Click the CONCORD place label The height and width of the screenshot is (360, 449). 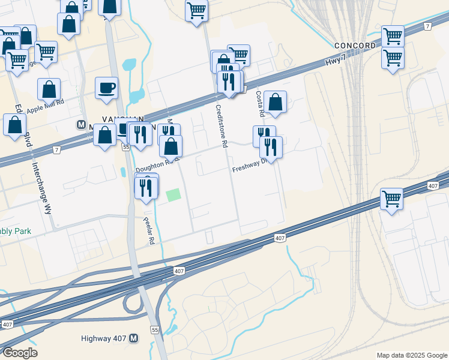coord(355,46)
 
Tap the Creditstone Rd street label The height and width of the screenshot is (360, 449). coord(221,127)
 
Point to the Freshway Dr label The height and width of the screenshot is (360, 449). coord(248,167)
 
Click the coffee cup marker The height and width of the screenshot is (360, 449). coord(106,88)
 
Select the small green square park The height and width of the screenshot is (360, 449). coord(173,195)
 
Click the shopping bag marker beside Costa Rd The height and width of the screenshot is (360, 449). coord(275,101)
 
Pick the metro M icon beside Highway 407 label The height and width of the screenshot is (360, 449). coord(134,338)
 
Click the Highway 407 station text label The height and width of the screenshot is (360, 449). coord(104,338)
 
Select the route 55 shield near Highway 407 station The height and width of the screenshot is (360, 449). coord(155,331)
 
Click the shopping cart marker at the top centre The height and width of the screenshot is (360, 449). coord(196,10)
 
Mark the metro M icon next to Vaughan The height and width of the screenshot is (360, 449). coord(81,125)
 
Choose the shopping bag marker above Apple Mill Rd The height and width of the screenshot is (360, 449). coord(49,89)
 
